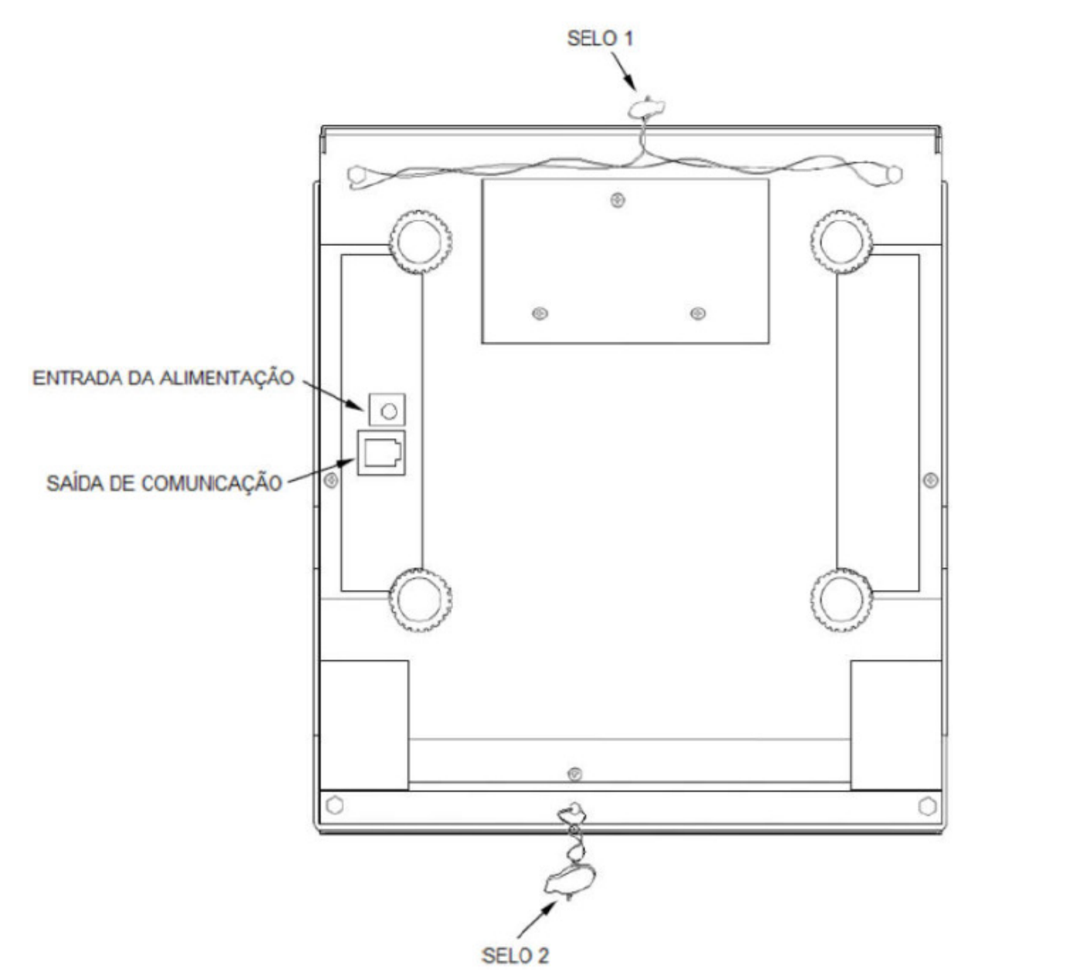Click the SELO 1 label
[x=599, y=39]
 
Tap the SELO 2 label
[x=515, y=955]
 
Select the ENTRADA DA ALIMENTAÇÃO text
[x=163, y=378]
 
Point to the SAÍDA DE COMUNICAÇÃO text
[x=164, y=483]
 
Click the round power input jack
[x=389, y=410]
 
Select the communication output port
[x=381, y=453]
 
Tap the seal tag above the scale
[x=646, y=108]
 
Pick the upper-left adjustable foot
[x=421, y=242]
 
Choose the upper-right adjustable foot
[x=841, y=242]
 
